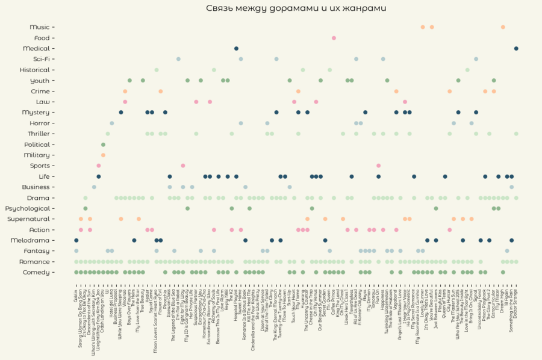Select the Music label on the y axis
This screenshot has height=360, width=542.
[x=40, y=27]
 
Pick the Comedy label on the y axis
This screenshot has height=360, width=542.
[x=36, y=272]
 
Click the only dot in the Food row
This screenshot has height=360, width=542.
[x=334, y=38]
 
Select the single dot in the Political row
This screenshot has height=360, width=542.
[x=103, y=144]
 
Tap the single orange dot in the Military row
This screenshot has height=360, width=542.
[x=103, y=155]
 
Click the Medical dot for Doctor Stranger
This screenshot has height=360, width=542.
[x=516, y=48]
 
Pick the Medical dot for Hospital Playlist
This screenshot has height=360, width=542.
[x=236, y=48]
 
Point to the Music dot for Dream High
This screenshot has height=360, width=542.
[x=503, y=27]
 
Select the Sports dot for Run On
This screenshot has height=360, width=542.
[x=378, y=166]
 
